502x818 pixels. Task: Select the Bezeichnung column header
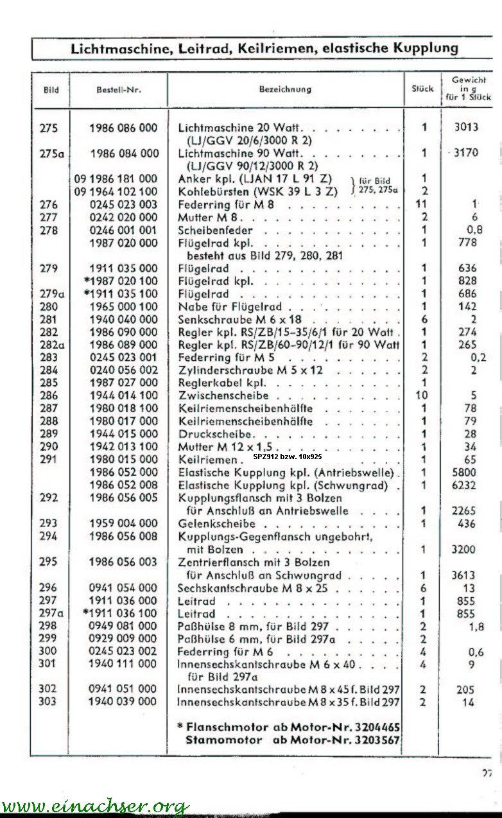click(285, 89)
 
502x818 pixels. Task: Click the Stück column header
click(422, 89)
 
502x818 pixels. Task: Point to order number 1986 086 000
click(123, 128)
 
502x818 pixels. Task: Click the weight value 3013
click(466, 127)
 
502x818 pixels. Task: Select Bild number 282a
click(48, 345)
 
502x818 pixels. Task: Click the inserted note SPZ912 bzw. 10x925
click(288, 457)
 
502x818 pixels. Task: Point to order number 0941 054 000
click(123, 587)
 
